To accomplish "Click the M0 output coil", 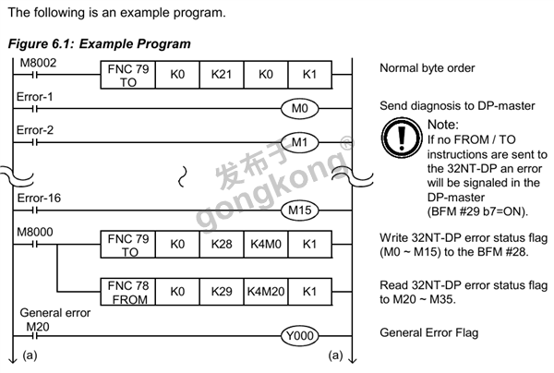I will tap(298, 108).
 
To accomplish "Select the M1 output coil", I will tap(298, 143).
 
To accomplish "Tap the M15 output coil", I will tap(298, 211).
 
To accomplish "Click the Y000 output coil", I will tap(298, 336).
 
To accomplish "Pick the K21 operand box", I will tap(219, 74).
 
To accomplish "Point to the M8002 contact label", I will tap(37, 60).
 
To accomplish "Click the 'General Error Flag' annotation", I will tap(429, 332).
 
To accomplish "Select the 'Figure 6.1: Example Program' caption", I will tap(99, 44).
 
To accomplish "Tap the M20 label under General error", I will tap(38, 325).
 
